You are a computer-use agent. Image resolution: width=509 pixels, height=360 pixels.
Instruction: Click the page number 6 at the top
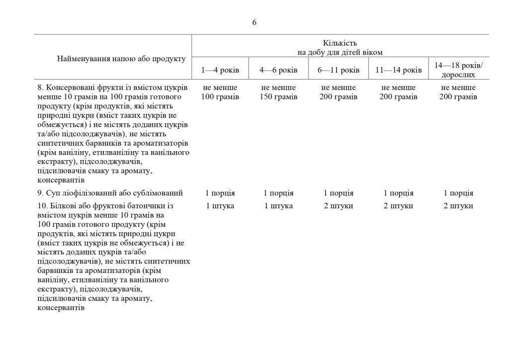254,22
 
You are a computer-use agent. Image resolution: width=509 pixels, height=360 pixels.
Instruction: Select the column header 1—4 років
220,70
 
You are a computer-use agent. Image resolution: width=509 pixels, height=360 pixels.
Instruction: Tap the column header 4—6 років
278,70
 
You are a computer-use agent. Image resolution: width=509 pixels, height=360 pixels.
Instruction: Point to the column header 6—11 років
338,70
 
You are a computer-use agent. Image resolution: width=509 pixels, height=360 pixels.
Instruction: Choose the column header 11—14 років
398,70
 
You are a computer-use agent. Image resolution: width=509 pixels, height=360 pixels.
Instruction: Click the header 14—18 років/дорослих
458,70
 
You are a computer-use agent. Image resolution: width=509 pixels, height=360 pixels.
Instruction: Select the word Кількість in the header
340,43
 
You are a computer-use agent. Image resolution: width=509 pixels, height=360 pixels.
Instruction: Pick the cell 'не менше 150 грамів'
278,92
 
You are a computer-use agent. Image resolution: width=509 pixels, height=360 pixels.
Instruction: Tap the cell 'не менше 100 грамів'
220,92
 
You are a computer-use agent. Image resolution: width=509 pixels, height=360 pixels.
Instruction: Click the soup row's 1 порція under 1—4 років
220,193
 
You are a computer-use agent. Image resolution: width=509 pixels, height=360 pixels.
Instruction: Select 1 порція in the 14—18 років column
458,193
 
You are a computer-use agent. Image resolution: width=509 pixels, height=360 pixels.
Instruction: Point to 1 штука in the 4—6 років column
278,206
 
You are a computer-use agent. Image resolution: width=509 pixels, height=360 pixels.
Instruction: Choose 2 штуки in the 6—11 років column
338,206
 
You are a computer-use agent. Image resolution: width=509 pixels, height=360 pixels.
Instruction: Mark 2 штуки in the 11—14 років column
398,206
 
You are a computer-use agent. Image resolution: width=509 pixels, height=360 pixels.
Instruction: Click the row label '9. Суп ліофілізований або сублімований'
110,193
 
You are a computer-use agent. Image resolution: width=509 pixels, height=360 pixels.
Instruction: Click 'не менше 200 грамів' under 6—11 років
338,92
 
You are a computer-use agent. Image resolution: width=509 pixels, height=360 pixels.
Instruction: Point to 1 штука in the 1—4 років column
220,206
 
